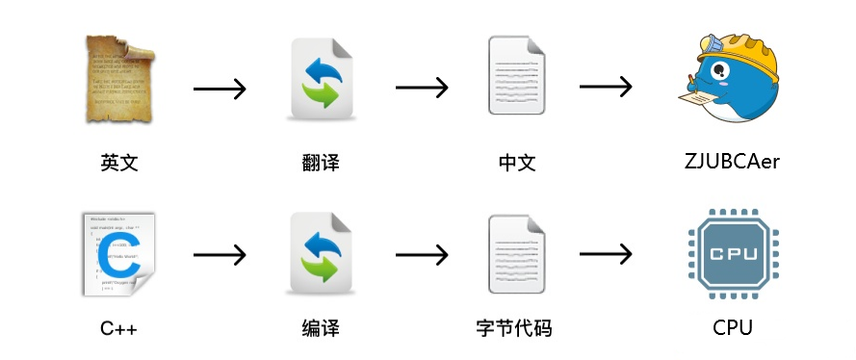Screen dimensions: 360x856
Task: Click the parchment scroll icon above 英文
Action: coord(118,79)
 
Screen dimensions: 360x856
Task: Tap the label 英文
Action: coord(119,162)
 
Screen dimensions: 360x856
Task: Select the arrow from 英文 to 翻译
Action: coord(220,90)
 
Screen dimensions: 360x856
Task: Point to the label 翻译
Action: coord(321,162)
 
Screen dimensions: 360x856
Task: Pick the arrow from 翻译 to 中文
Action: coord(422,88)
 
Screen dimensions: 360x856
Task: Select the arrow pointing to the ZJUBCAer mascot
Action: coord(606,87)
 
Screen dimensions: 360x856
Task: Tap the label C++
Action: coord(119,329)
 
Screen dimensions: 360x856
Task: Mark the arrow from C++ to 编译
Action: coord(220,255)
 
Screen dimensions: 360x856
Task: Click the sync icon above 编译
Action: coord(321,252)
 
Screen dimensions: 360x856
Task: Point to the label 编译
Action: coord(321,329)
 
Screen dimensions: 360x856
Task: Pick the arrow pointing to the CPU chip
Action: coord(606,254)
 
